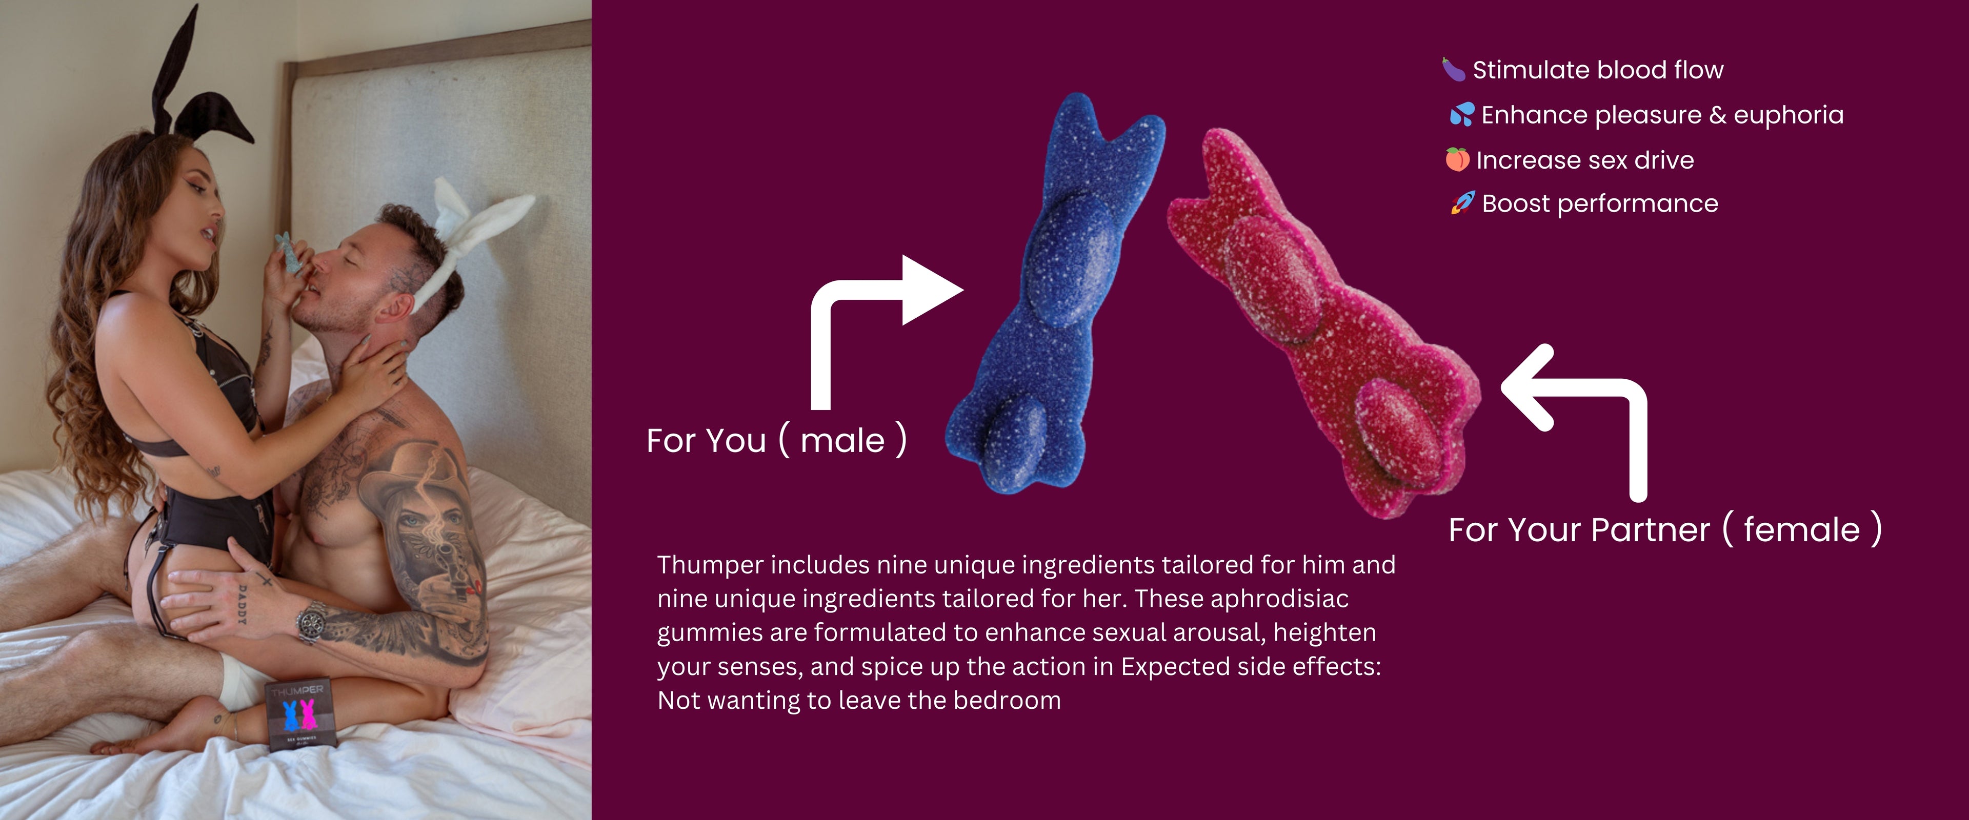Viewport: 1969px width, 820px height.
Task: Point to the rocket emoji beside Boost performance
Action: coord(1463,203)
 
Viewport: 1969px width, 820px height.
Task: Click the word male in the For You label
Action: coord(842,441)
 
